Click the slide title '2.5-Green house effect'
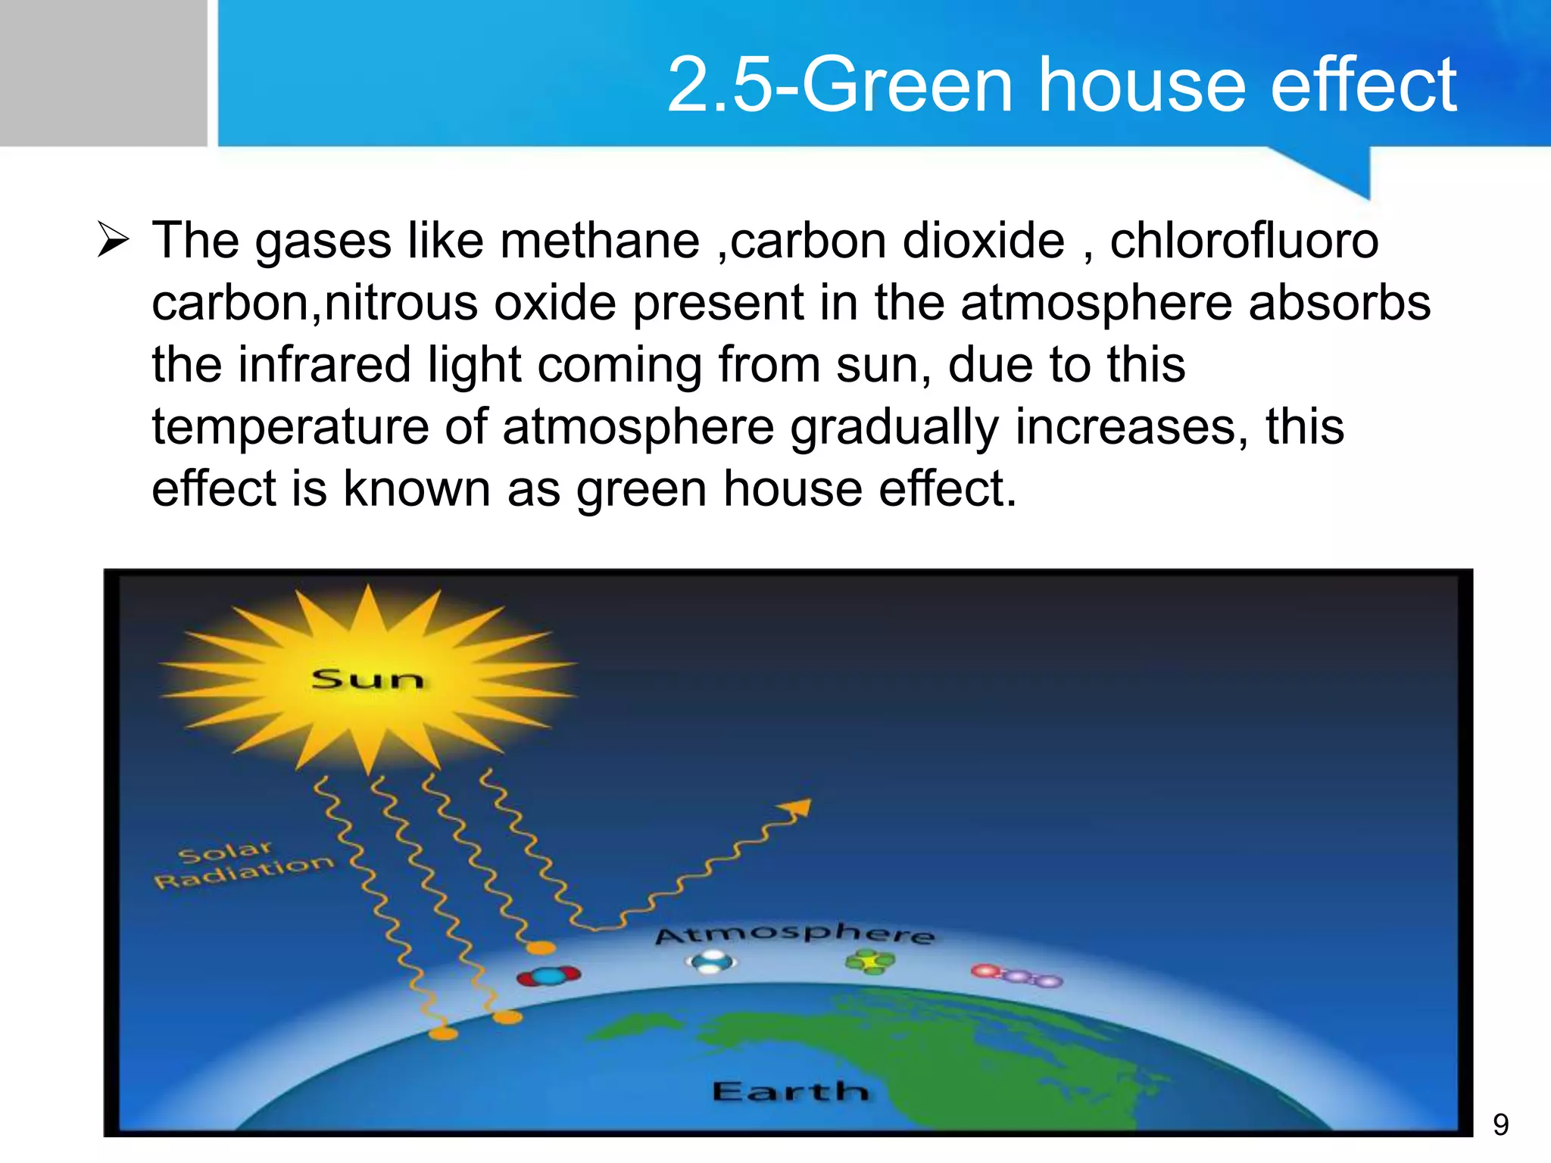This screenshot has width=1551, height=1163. click(1061, 85)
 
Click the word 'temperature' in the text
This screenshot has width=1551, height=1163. click(290, 427)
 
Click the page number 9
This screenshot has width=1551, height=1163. click(1500, 1125)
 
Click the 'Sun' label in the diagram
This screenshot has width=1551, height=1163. click(367, 679)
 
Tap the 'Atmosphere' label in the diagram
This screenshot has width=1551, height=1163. click(794, 934)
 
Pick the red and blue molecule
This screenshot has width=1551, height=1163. click(548, 976)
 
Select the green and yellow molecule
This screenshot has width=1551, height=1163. click(870, 962)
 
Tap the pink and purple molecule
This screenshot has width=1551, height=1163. click(1017, 976)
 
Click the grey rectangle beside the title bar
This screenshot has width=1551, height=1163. click(103, 73)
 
